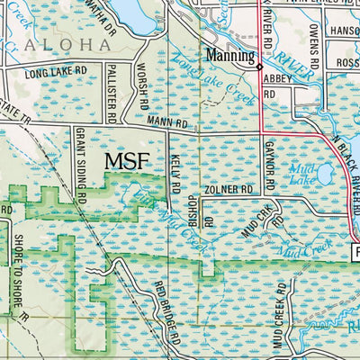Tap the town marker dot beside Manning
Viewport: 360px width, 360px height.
click(x=259, y=66)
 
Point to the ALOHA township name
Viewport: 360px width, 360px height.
click(x=60, y=43)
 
